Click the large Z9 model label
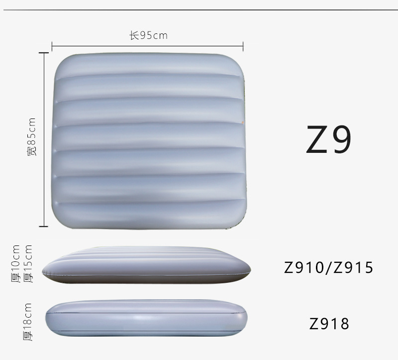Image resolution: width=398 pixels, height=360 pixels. (329, 139)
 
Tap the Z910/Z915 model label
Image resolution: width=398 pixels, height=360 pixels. (328, 267)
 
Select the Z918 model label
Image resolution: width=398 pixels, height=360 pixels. (329, 324)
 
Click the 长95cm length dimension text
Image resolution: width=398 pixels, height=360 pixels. (148, 35)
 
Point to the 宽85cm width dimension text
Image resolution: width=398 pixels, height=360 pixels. (32, 137)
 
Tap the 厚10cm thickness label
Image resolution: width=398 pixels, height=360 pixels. (15, 264)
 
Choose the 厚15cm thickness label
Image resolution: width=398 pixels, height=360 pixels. (28, 264)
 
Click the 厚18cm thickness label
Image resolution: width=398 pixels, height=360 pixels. (27, 322)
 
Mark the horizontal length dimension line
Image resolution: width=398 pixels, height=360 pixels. (147, 46)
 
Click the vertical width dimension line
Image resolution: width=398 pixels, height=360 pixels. (44, 139)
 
